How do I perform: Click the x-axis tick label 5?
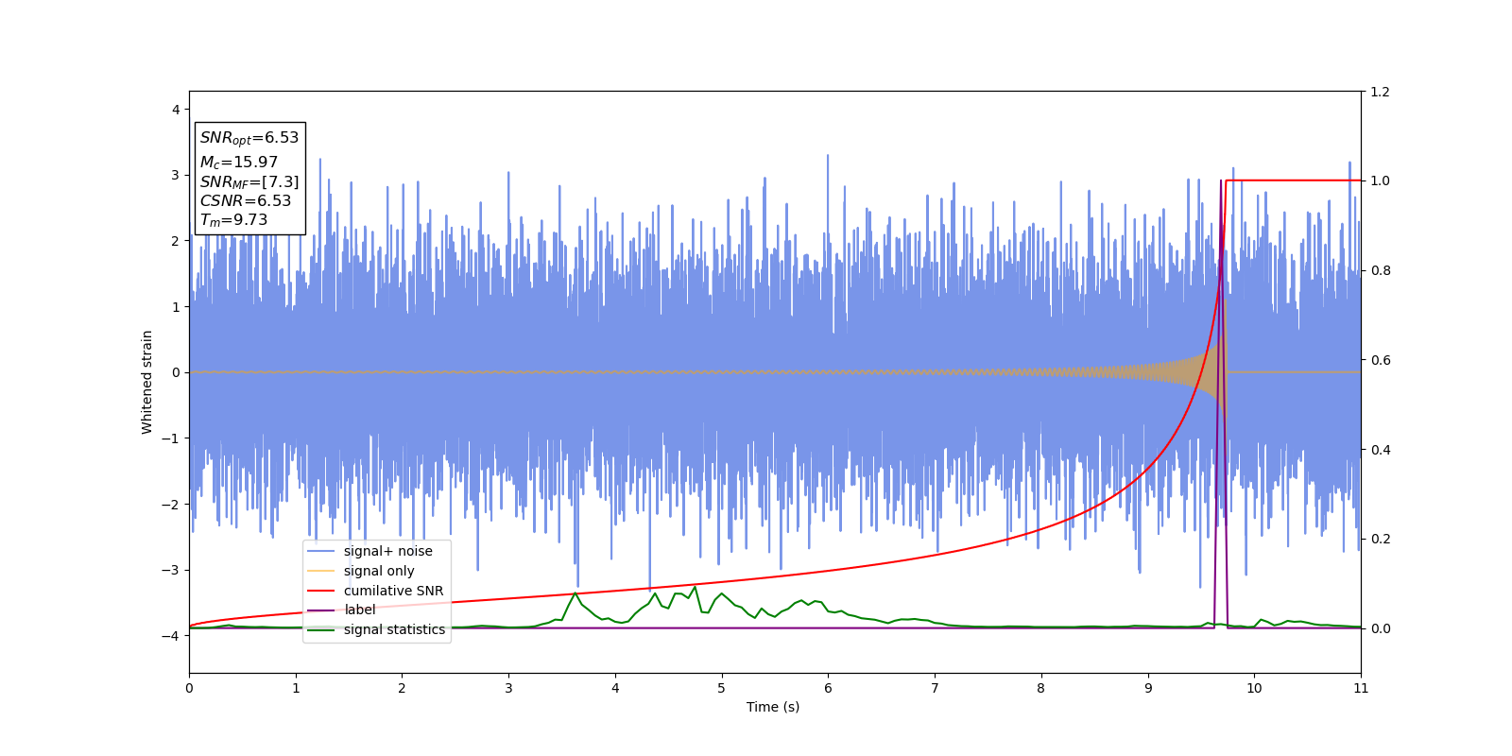(722, 688)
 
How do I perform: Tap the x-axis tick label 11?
(1361, 688)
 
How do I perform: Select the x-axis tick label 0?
(189, 688)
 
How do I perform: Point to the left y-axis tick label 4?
(176, 110)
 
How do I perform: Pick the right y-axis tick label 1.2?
(1381, 92)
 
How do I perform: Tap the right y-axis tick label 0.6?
(1381, 360)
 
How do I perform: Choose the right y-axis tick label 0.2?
(1381, 539)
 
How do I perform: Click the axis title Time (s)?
(773, 707)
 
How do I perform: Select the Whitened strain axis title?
(147, 382)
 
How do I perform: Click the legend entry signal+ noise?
(387, 551)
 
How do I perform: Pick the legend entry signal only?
(378, 571)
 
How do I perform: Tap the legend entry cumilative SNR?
(393, 591)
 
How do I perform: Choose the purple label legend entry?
(359, 610)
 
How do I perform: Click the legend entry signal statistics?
(394, 629)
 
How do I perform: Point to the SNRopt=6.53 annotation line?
(249, 138)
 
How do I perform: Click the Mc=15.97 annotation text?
(238, 163)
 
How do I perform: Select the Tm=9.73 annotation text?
(233, 220)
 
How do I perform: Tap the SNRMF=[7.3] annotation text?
(249, 182)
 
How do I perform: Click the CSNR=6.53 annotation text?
(246, 201)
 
